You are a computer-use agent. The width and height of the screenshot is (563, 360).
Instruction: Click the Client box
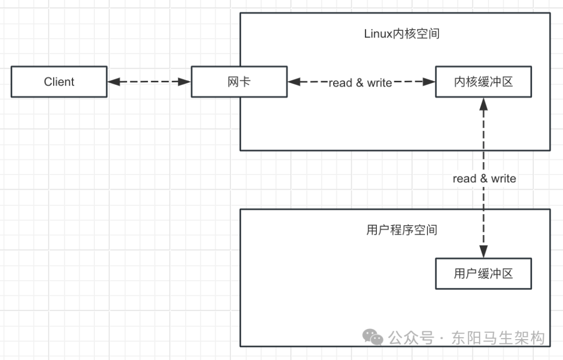[x=59, y=82]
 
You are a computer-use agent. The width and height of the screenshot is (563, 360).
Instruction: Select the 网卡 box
[x=239, y=82]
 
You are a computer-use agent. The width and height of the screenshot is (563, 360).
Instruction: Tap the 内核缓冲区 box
[x=483, y=82]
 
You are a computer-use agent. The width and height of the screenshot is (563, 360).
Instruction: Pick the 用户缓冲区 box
[x=483, y=274]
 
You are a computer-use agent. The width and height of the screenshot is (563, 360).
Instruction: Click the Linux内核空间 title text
[x=401, y=34]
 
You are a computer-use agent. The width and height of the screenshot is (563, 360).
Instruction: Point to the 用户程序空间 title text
[x=401, y=230]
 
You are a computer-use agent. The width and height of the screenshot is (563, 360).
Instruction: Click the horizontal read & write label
[x=360, y=83]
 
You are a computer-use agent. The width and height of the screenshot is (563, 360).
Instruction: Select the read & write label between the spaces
[x=484, y=179]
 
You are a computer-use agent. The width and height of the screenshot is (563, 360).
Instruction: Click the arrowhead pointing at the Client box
[x=113, y=82]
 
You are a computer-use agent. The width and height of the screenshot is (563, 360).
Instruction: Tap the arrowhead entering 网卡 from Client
[x=185, y=82]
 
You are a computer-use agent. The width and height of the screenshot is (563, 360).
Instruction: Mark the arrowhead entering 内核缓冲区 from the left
[x=430, y=82]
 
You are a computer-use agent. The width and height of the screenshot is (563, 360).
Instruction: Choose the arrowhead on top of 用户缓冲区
[x=484, y=252]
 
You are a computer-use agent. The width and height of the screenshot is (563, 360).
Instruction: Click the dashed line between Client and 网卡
[x=149, y=82]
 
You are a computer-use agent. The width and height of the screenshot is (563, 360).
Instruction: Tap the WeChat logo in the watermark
[x=373, y=338]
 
